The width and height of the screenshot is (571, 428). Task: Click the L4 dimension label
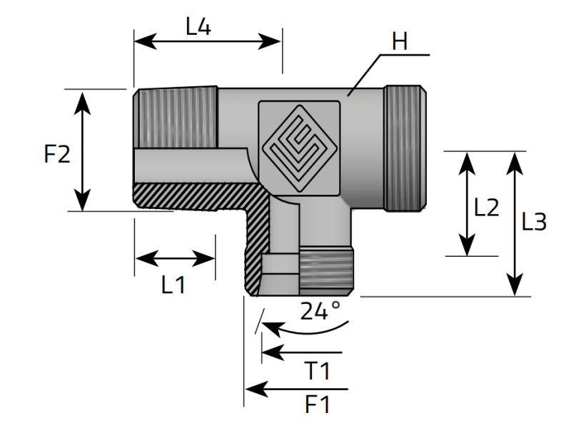198,27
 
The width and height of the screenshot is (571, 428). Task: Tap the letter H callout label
400,41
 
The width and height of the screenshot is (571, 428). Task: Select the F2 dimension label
57,154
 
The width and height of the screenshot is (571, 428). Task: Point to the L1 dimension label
173,285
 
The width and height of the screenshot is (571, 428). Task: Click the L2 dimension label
486,208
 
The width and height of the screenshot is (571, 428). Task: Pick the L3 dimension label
534,222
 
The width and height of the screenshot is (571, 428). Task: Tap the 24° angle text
320,310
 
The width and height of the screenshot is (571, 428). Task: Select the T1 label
317,371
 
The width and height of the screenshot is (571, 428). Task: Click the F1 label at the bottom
317,404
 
